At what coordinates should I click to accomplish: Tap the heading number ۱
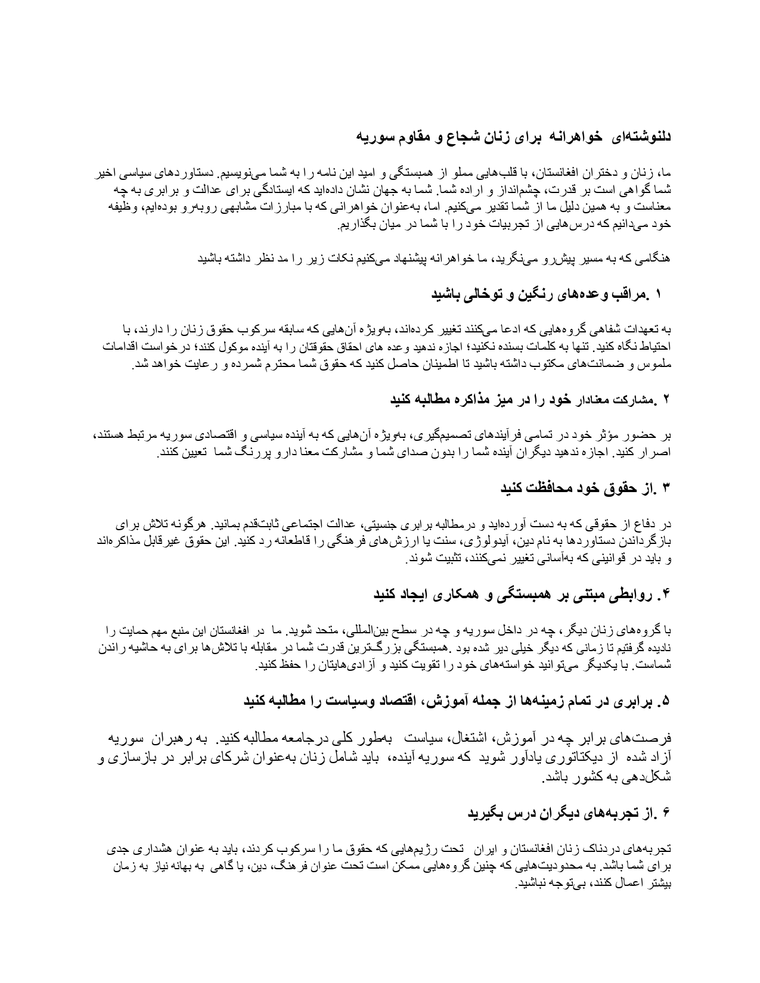tap(659, 294)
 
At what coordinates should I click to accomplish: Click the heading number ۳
tap(667, 489)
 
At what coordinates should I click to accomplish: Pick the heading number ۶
tap(667, 813)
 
